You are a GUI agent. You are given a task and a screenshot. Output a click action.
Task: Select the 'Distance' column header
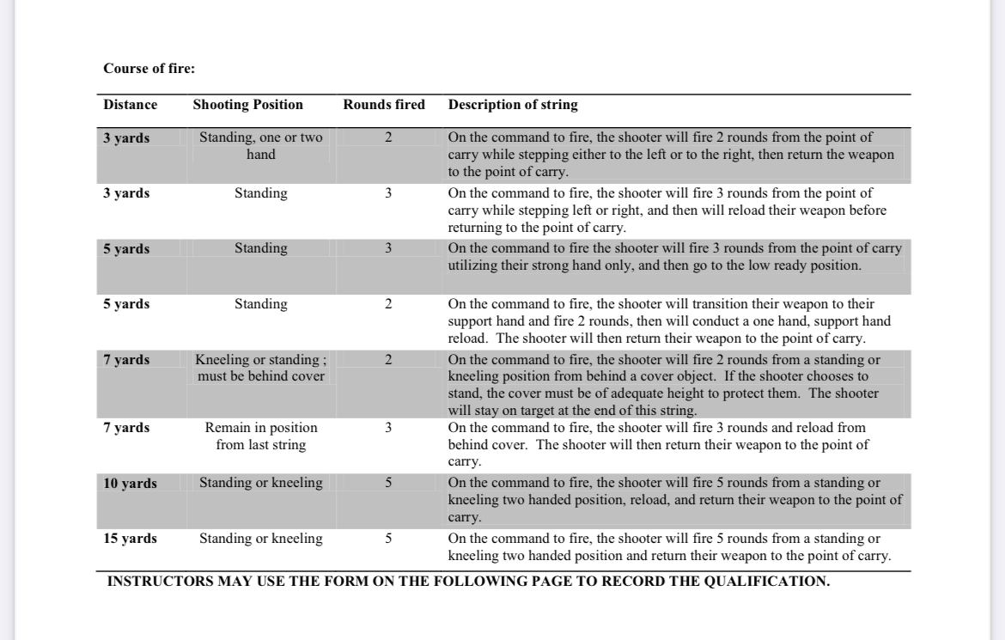(131, 105)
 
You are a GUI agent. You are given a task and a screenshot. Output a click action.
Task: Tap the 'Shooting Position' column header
(248, 105)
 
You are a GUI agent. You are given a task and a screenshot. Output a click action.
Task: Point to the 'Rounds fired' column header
(384, 105)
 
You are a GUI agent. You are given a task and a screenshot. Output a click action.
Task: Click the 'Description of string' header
(513, 105)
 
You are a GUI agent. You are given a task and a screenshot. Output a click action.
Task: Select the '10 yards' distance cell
(131, 484)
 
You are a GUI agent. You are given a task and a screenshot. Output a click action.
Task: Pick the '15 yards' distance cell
(131, 539)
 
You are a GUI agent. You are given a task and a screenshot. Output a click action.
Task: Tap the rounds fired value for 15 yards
(388, 539)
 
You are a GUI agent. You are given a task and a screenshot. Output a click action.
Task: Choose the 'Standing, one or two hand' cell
(261, 146)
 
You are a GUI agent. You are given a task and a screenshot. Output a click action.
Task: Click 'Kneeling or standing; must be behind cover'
(261, 368)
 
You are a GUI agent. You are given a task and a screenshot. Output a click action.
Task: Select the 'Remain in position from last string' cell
(261, 436)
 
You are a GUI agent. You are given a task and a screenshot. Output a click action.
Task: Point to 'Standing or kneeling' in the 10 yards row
(261, 483)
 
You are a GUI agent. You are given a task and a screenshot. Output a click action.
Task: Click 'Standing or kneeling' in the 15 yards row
(261, 539)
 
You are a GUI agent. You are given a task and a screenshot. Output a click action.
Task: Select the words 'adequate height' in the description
(708, 393)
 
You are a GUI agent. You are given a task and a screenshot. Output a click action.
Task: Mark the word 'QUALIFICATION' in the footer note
(769, 582)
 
